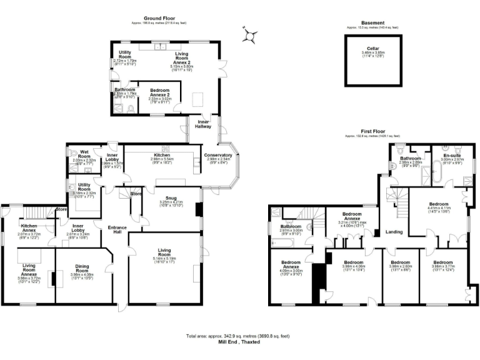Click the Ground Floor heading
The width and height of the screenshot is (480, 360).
(x=160, y=19)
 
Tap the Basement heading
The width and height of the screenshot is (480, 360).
(x=373, y=23)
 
